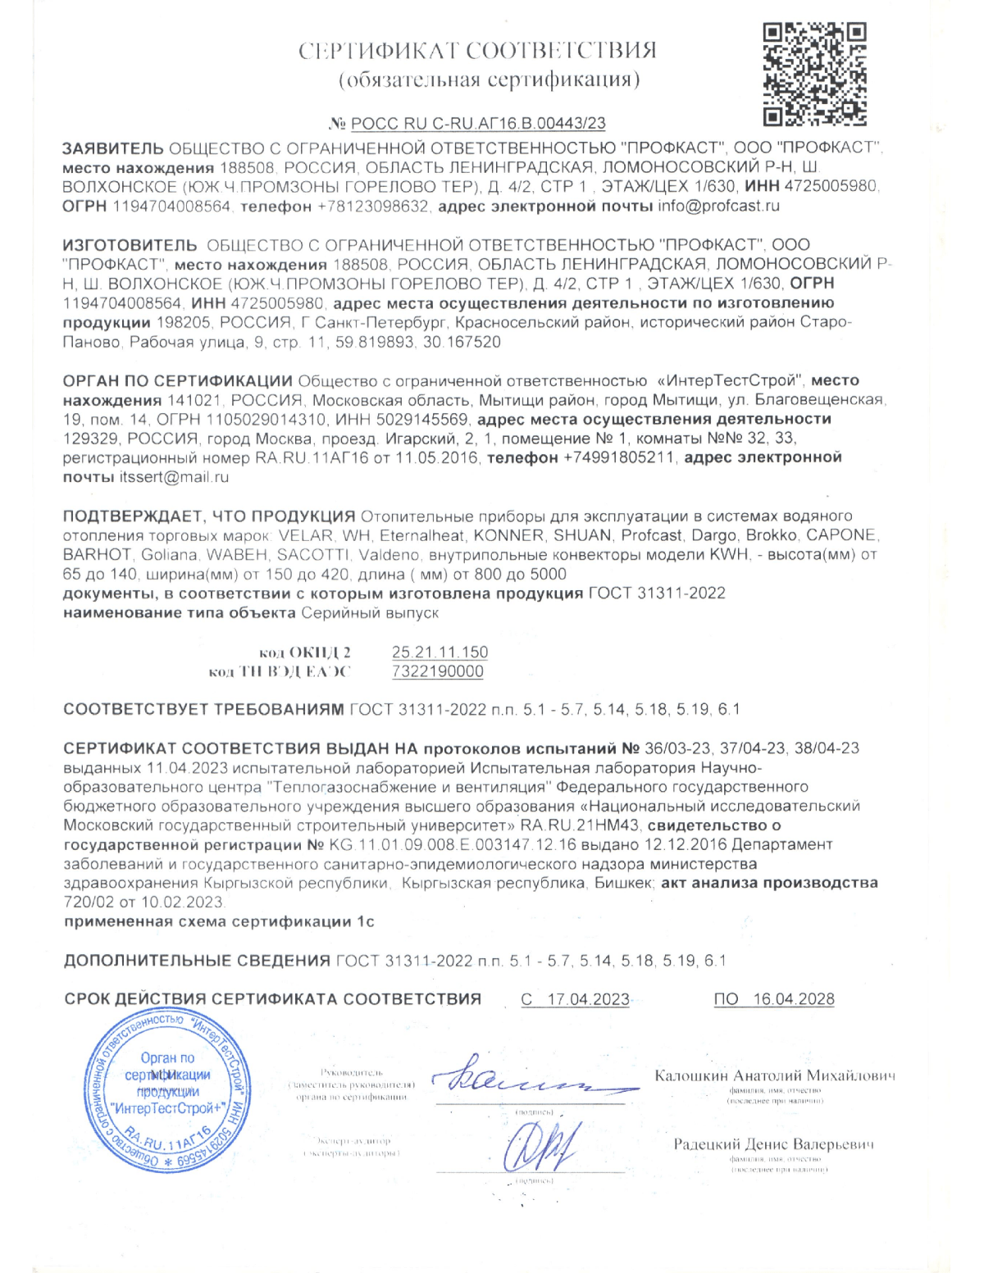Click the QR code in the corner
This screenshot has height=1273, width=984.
pos(814,75)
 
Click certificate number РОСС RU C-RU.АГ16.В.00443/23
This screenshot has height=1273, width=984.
pos(478,124)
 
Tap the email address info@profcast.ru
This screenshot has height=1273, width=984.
pos(718,207)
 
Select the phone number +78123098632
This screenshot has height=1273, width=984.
pos(373,207)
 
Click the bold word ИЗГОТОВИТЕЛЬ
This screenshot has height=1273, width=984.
pos(130,245)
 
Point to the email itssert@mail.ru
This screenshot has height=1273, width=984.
pos(174,477)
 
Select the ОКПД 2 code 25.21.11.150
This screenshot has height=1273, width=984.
pos(440,652)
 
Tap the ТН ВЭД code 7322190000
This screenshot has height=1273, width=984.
pos(438,672)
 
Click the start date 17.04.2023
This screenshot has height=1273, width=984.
pos(588,999)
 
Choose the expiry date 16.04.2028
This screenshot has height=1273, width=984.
pos(793,999)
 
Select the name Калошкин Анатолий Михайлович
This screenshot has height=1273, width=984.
pos(775,1076)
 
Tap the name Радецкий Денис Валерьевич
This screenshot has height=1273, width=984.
pos(773,1144)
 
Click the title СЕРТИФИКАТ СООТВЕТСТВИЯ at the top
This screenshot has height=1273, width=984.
pos(477,51)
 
